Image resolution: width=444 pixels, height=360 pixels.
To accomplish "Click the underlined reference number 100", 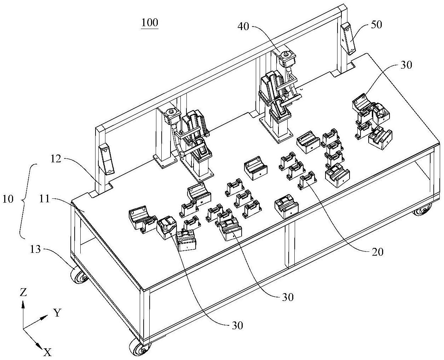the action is click(x=149, y=23).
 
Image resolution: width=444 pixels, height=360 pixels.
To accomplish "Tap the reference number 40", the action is click(x=243, y=27).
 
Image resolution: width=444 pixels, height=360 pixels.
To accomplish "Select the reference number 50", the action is click(x=376, y=25).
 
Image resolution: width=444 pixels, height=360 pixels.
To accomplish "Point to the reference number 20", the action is click(x=377, y=252).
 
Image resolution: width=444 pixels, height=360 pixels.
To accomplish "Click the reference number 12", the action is click(x=56, y=159).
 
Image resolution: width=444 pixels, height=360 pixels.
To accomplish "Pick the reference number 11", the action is click(x=45, y=199).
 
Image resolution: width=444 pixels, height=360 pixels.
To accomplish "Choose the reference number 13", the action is click(x=35, y=249).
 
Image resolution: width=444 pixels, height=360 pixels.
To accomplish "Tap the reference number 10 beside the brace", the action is click(x=8, y=199).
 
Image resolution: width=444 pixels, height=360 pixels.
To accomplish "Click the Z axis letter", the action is click(x=23, y=292).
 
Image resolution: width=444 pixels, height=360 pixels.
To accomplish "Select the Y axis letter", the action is click(x=57, y=313).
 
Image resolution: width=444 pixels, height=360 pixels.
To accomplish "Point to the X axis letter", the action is click(x=47, y=353).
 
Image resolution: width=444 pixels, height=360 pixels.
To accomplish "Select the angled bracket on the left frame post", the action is click(x=106, y=159).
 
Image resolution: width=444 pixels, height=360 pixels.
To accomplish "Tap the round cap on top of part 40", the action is click(x=285, y=55).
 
